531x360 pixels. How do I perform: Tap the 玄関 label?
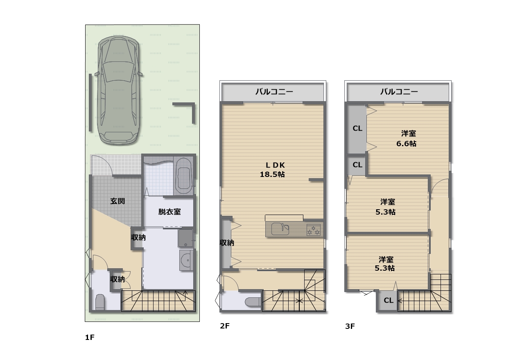[117, 201]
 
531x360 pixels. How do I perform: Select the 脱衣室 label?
[169, 212]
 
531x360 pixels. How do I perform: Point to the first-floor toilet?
[100, 302]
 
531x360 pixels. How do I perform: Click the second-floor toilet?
[253, 302]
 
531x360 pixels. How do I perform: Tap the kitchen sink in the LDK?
[280, 229]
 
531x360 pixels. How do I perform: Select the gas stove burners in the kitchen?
[313, 230]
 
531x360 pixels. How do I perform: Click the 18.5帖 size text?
[272, 174]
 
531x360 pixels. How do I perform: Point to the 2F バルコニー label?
[274, 92]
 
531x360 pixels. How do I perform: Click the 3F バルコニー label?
[399, 92]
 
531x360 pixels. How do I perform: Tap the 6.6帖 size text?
[406, 144]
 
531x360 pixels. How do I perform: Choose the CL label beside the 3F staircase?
[389, 301]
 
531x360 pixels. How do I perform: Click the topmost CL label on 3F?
[357, 128]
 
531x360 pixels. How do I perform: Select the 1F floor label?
[90, 337]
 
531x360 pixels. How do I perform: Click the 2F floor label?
[225, 326]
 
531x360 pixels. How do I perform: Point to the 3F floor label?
[350, 326]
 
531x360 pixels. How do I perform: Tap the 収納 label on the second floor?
[227, 242]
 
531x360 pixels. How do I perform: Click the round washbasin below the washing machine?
[186, 260]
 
